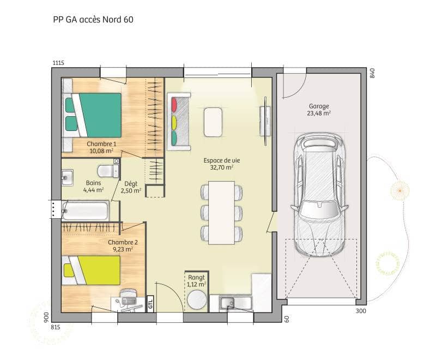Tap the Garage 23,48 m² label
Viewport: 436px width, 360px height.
click(319, 110)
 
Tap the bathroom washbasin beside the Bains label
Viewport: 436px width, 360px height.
click(67, 177)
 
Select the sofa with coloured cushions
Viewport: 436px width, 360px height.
click(179, 121)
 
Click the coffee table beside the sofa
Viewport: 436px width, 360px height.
click(213, 121)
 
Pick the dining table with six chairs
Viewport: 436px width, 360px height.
click(221, 212)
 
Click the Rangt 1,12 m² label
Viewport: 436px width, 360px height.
click(196, 280)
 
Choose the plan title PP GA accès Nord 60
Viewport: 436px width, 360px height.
click(93, 20)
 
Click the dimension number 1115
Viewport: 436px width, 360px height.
click(58, 63)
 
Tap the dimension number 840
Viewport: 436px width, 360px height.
click(373, 74)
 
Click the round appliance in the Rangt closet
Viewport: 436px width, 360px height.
click(197, 299)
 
